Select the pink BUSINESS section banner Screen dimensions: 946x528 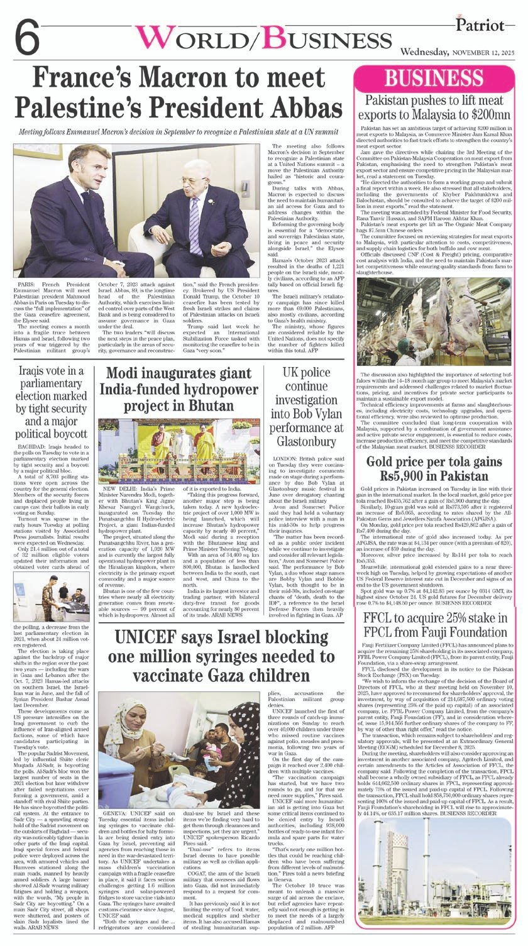[434, 79]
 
